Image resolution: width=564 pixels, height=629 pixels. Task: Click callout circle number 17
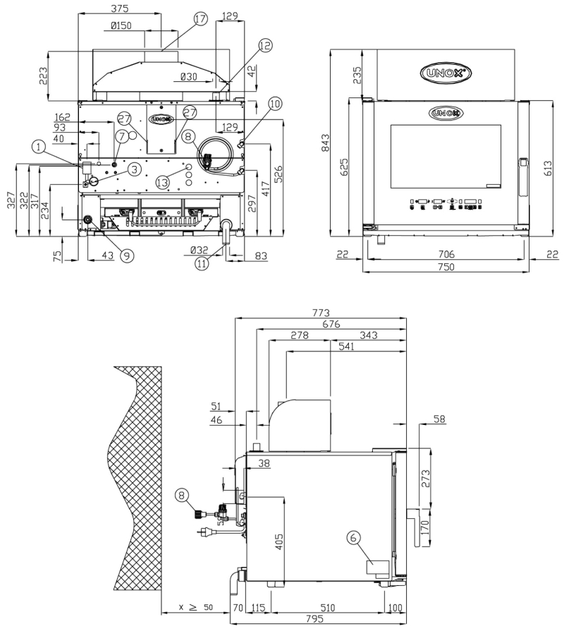201,19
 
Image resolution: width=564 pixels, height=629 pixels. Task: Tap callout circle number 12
265,45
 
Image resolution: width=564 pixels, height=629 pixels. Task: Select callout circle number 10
275,104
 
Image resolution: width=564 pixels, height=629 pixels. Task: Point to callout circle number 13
163,183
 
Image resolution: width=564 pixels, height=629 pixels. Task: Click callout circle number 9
127,256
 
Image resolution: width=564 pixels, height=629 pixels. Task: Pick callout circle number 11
202,263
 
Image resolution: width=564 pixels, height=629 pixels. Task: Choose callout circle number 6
353,537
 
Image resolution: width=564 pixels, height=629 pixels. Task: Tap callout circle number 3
135,169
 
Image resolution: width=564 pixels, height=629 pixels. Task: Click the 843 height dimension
325,143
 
